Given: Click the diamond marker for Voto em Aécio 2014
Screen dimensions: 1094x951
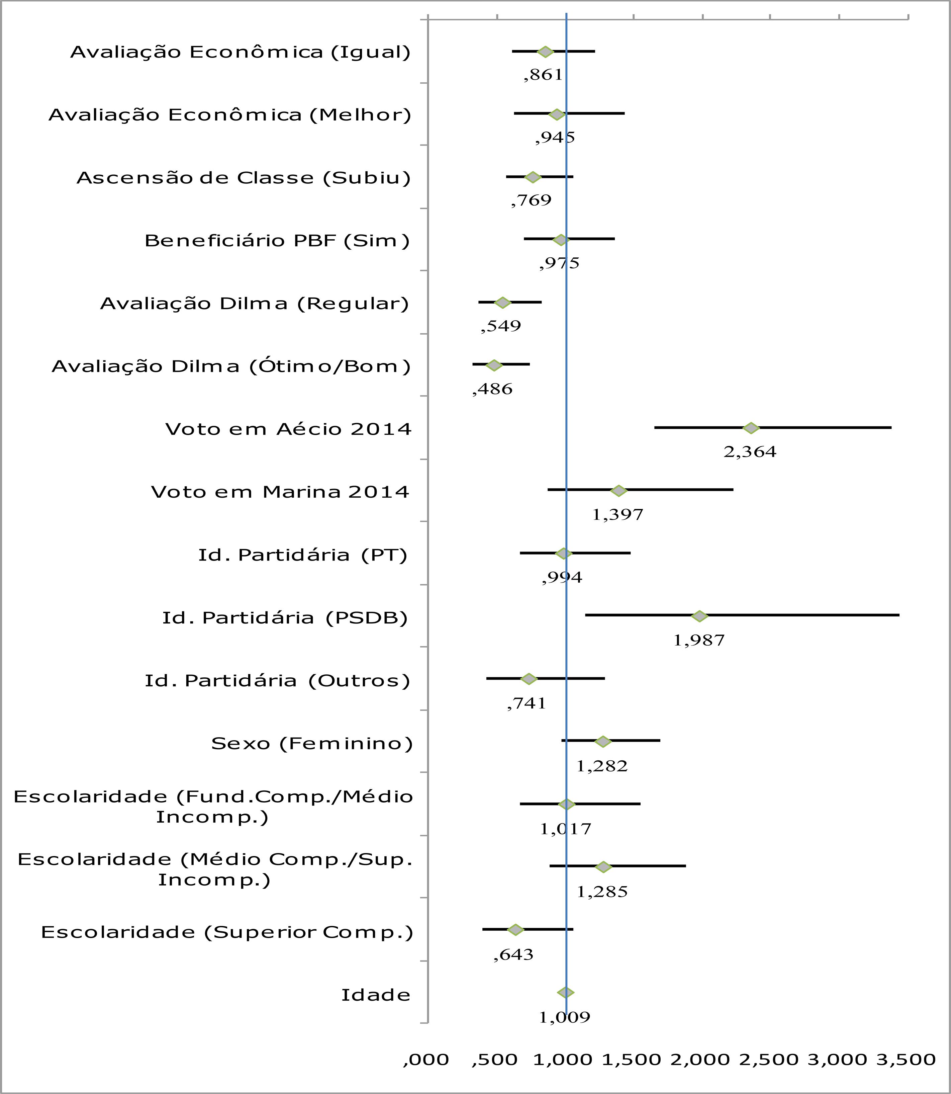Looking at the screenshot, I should pyautogui.click(x=750, y=428).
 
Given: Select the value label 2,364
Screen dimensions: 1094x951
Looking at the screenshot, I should pyautogui.click(x=750, y=452).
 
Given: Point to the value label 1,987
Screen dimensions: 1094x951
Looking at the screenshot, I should pyautogui.click(x=699, y=641).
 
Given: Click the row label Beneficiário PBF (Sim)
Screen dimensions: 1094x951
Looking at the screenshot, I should pyautogui.click(x=277, y=241).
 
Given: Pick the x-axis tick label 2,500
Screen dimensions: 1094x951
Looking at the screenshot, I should pyautogui.click(x=769, y=1059).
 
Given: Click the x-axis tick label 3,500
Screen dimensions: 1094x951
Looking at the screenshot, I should pyautogui.click(x=906, y=1059).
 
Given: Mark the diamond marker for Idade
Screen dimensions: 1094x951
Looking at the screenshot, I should pyautogui.click(x=566, y=993).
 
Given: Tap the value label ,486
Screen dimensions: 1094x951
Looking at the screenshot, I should pyautogui.click(x=492, y=389).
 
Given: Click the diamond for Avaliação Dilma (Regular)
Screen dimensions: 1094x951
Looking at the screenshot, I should pyautogui.click(x=502, y=303).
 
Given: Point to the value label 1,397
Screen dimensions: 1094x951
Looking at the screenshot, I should pyautogui.click(x=618, y=514).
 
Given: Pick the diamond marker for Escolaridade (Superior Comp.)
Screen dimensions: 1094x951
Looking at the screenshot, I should pyautogui.click(x=515, y=929).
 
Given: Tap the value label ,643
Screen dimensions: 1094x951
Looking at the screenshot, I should pyautogui.click(x=513, y=954).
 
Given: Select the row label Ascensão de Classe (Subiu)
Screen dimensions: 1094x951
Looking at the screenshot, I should pyautogui.click(x=244, y=178).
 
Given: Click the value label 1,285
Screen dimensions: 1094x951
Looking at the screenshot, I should pyautogui.click(x=602, y=892).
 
